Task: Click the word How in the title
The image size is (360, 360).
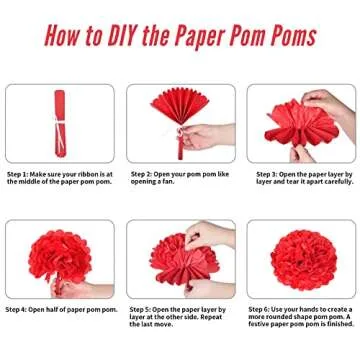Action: [62, 36]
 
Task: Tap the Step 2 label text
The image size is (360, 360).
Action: [142, 173]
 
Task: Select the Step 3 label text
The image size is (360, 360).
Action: [263, 173]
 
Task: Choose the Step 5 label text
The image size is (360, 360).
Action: [142, 310]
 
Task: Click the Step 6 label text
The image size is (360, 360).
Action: [263, 310]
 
